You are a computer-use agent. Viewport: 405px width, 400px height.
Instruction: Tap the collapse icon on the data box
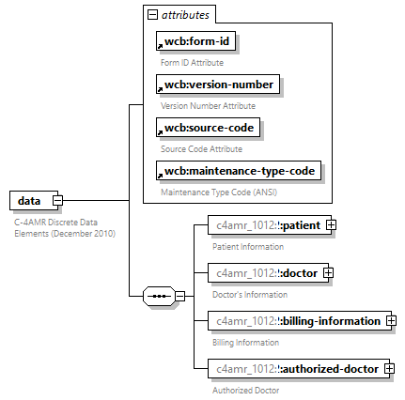pos(57,200)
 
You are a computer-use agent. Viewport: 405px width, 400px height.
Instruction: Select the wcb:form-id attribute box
pos(195,42)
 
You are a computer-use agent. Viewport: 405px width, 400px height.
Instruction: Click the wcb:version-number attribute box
pos(217,85)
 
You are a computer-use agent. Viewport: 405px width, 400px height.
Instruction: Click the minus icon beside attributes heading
pos(152,15)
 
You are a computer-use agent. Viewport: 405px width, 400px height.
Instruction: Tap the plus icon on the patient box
pos(331,225)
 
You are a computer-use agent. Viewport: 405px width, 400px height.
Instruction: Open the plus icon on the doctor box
pos(328,273)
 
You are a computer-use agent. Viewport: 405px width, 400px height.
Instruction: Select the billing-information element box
pos(295,321)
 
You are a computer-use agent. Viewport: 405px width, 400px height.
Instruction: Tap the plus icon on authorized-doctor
pos(388,369)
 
